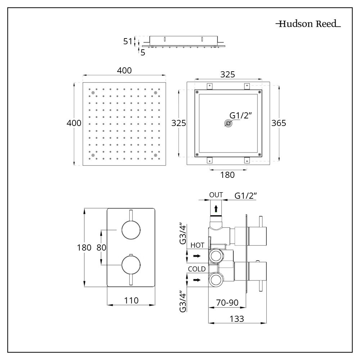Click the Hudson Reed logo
[x=308, y=24]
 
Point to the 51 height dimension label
[x=128, y=41]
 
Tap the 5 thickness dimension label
[x=143, y=53]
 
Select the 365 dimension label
[x=279, y=123]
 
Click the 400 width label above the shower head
[x=124, y=70]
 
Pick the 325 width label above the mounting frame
[x=228, y=75]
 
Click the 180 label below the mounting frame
[x=228, y=175]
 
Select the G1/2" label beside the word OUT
[x=246, y=195]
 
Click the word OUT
[x=216, y=195]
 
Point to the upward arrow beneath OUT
[x=216, y=208]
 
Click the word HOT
[x=198, y=245]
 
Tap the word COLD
[x=197, y=269]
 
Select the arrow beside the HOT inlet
[x=197, y=256]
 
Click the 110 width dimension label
[x=131, y=300]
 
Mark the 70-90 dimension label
[x=227, y=303]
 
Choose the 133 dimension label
[x=237, y=319]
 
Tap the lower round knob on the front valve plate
[x=131, y=265]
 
